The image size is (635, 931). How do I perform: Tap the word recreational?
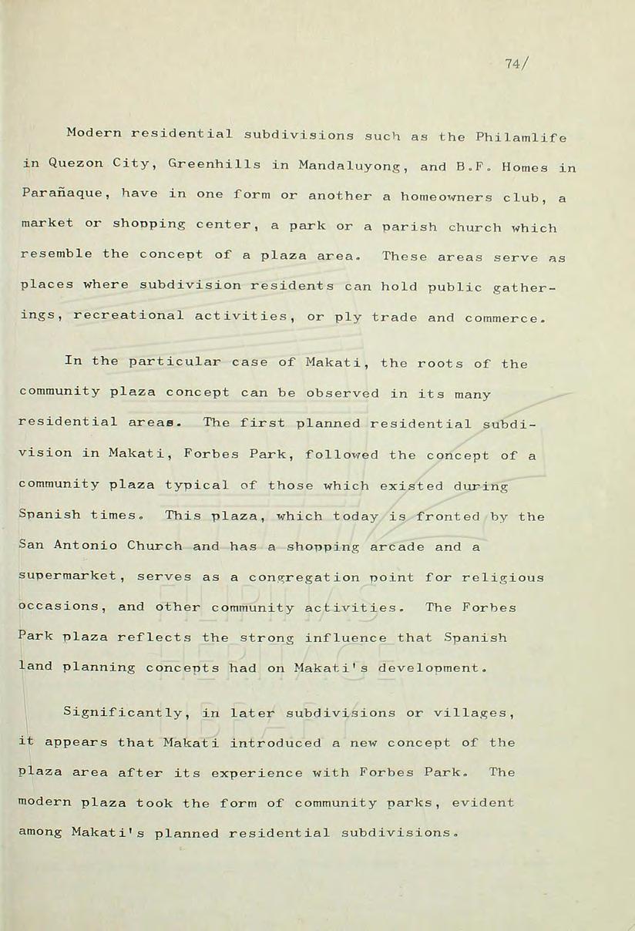click(x=129, y=316)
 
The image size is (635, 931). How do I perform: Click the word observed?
click(x=342, y=393)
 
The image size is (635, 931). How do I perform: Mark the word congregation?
click(x=304, y=578)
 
